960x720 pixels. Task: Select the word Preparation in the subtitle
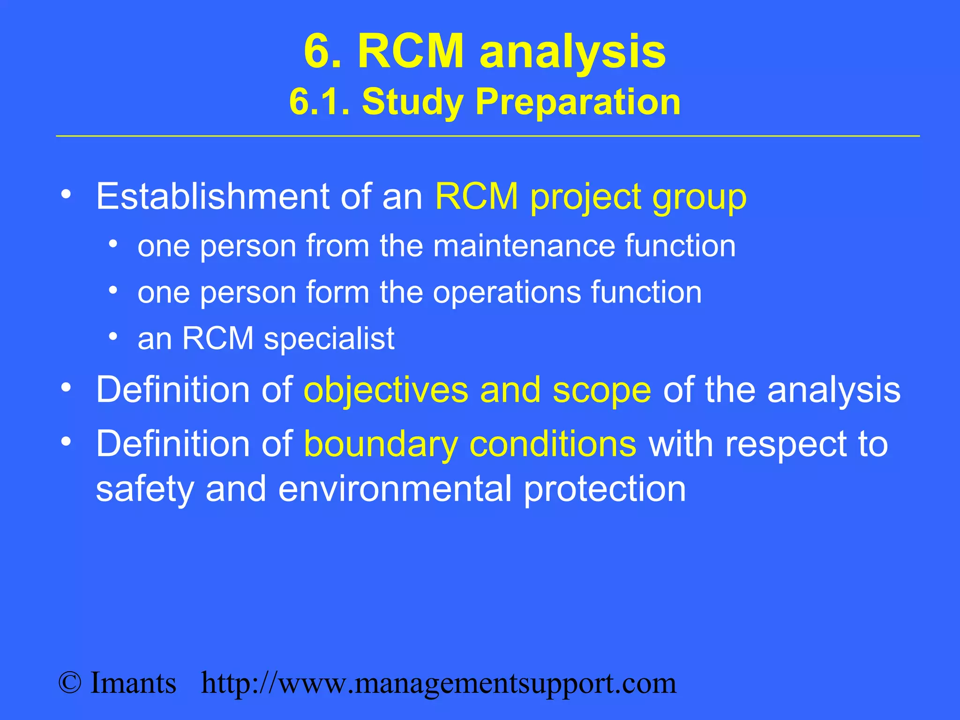577,103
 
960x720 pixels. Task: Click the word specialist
329,338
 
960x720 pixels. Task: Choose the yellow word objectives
386,390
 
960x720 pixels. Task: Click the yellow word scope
601,390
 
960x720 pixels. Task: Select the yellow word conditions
553,444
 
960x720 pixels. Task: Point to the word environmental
395,489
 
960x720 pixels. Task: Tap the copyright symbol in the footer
70,683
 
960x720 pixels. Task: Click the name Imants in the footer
133,683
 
